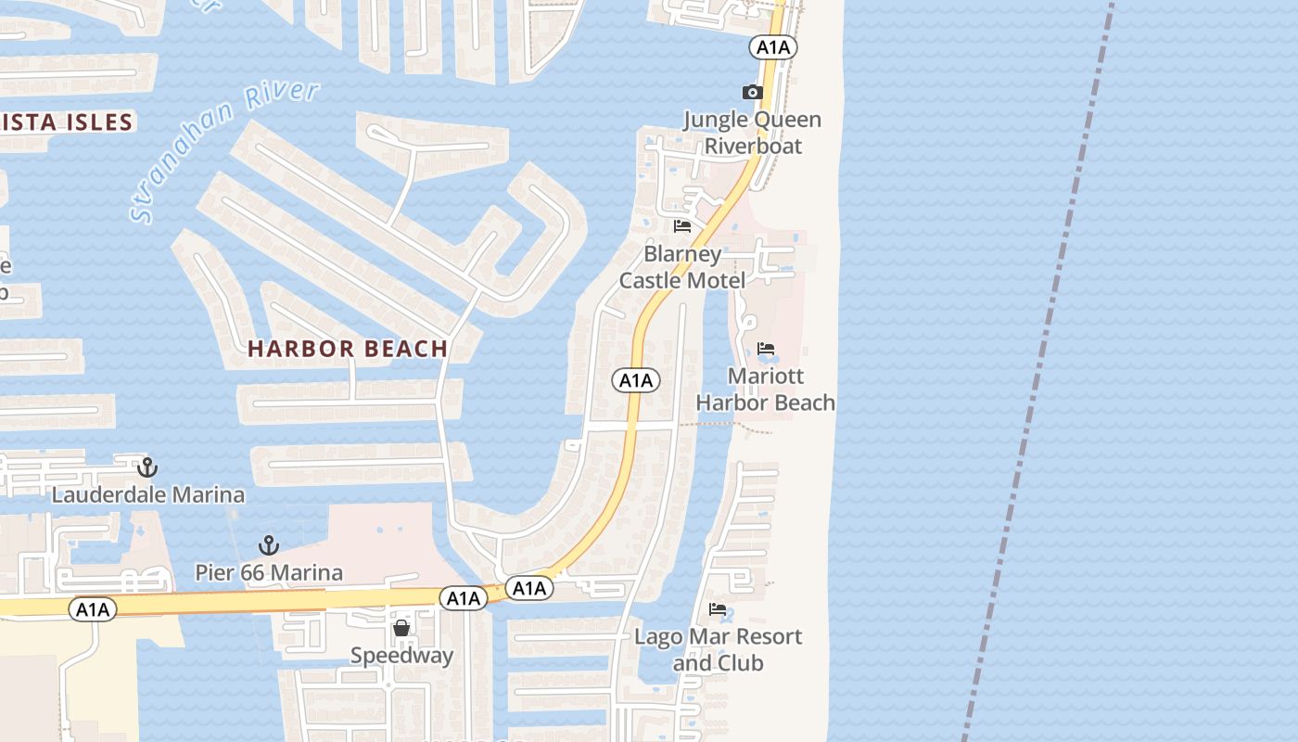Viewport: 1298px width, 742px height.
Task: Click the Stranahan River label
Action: tap(225, 150)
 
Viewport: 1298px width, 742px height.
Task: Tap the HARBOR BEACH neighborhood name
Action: tap(348, 349)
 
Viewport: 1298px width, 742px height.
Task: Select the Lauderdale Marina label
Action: tap(148, 494)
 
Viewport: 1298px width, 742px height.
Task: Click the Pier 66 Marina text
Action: tap(269, 572)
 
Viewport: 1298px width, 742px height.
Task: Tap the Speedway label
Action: tap(401, 656)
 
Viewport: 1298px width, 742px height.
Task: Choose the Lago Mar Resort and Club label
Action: tap(718, 649)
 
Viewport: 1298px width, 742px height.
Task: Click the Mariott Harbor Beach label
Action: tap(766, 390)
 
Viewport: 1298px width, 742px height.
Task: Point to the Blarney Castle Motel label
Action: tap(682, 267)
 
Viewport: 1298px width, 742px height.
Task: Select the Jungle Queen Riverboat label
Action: tap(752, 133)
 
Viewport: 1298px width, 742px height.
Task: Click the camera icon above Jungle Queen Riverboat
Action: tap(752, 92)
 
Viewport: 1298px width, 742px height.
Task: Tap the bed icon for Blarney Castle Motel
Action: tap(682, 226)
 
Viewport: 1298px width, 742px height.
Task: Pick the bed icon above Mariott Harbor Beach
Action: tap(766, 350)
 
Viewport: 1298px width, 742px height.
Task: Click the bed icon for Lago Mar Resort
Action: tap(718, 609)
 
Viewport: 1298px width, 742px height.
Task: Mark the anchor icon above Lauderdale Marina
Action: tap(146, 467)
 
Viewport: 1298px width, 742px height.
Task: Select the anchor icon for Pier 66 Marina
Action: tap(269, 545)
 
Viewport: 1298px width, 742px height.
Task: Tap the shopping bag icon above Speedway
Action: tap(401, 629)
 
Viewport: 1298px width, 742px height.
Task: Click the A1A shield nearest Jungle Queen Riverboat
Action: tap(773, 47)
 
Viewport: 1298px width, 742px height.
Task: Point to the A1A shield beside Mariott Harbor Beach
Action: tap(636, 380)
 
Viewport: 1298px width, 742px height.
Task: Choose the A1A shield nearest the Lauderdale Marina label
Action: tap(93, 609)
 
